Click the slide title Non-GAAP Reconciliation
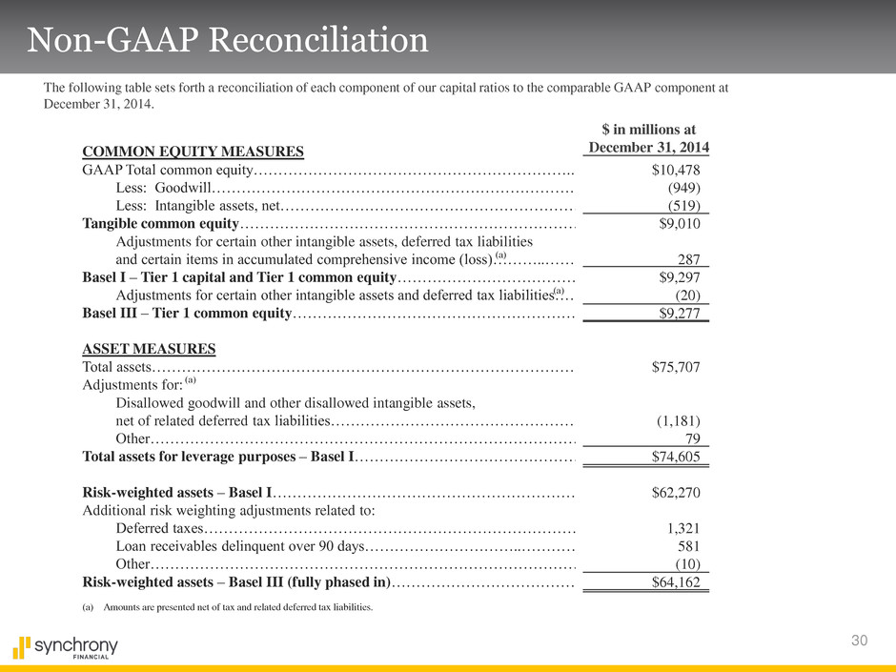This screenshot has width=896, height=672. (228, 39)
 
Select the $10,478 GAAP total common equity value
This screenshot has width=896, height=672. (676, 170)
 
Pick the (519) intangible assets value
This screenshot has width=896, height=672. (684, 206)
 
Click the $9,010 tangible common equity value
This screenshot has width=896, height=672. (680, 224)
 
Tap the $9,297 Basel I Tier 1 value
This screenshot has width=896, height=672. (680, 278)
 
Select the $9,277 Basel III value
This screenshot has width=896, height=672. (680, 314)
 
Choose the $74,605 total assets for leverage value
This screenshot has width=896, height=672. (676, 457)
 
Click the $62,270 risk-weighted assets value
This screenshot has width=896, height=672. (676, 493)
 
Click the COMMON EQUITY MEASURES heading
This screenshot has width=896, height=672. (193, 151)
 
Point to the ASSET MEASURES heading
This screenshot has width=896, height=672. (149, 348)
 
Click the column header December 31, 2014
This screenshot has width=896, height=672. (648, 147)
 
